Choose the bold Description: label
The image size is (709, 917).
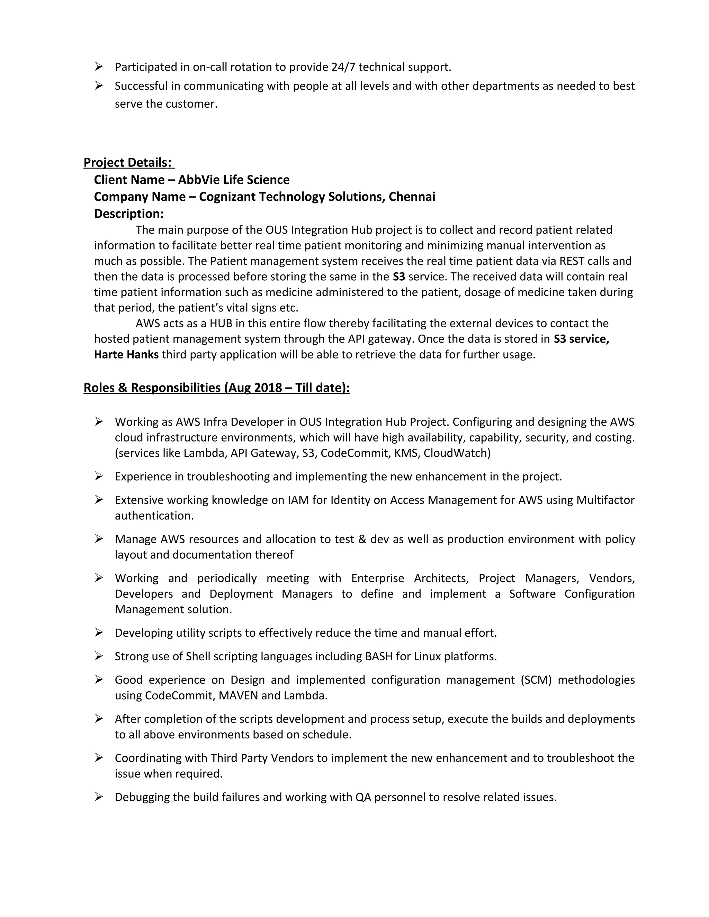pos(128,214)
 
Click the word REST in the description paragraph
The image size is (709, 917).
pos(572,261)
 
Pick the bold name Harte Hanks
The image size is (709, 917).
pos(126,355)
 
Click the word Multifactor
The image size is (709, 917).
pos(605,500)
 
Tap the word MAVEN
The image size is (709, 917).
pos(238,696)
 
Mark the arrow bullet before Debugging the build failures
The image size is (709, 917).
pos(99,797)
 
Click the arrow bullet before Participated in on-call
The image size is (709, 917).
pos(99,66)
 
